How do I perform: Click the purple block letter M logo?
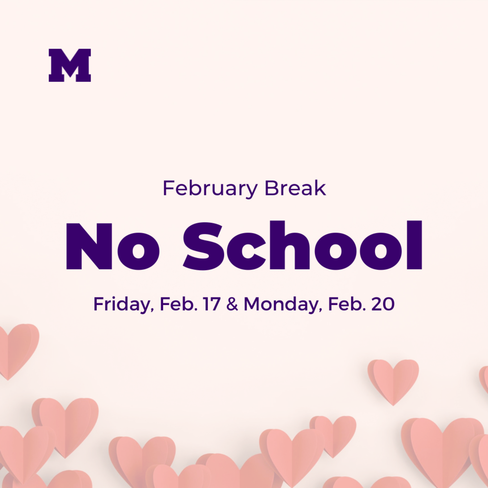pos(70,65)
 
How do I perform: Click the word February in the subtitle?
pos(210,189)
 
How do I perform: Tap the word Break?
pos(295,188)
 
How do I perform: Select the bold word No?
pos(112,246)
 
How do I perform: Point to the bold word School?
pos(303,245)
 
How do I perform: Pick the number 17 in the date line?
pos(212,304)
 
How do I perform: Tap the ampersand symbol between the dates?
pos(232,304)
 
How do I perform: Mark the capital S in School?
pos(203,246)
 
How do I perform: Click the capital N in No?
pos(89,246)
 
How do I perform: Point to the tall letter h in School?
pos(289,245)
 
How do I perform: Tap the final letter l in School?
pos(415,245)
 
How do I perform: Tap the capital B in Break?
pos(272,188)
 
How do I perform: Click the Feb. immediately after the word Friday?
pos(179,304)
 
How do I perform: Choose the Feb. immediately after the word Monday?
pos(347,304)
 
